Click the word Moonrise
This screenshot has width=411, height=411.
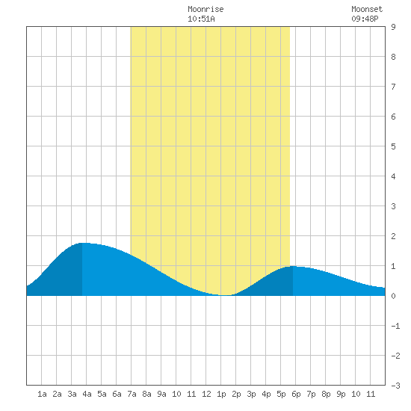(x=205, y=9)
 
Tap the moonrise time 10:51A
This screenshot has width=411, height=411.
(x=201, y=19)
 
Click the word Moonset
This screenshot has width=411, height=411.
(x=367, y=9)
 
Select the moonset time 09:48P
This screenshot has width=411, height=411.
(x=365, y=19)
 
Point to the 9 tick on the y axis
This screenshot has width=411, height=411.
(x=393, y=27)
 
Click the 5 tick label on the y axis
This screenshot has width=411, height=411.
(x=393, y=146)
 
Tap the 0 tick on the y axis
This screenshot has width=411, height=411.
(x=393, y=296)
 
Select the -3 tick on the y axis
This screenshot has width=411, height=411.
(x=395, y=386)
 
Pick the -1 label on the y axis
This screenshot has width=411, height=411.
(x=395, y=326)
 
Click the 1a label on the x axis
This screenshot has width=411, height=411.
(x=42, y=394)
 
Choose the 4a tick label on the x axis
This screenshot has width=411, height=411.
(x=87, y=394)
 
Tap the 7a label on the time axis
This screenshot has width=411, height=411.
(x=132, y=394)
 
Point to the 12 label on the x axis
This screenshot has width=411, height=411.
(x=206, y=394)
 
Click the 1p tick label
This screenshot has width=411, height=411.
(x=221, y=394)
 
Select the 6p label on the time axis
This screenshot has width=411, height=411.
(x=296, y=394)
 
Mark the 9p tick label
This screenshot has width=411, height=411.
(x=341, y=394)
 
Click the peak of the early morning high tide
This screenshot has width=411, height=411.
(x=83, y=243)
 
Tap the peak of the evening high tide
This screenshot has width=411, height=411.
(x=293, y=266)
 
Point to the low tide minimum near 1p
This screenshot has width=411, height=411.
(x=226, y=295)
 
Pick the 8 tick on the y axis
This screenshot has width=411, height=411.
(x=393, y=57)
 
